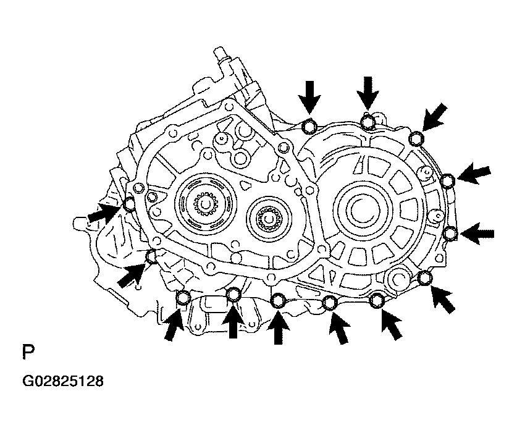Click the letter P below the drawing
click(28, 352)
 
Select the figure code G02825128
click(63, 381)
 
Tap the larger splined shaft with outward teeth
click(206, 206)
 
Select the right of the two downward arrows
click(368, 93)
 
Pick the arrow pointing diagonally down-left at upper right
click(435, 117)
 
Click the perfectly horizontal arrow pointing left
click(477, 233)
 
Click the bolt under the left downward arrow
click(309, 126)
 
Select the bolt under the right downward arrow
click(368, 121)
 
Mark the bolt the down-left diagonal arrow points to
click(416, 138)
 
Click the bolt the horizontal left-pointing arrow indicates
click(450, 233)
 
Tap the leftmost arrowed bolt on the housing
click(129, 204)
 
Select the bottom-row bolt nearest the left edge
click(183, 298)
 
